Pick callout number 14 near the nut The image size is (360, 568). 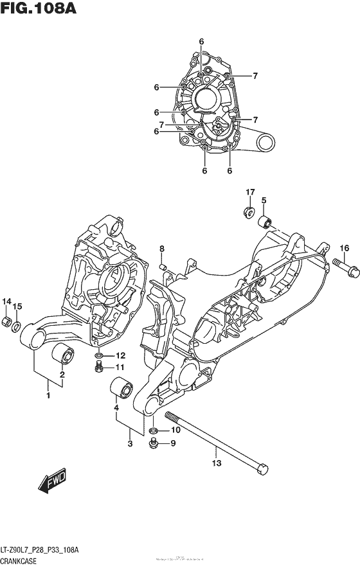(x=7, y=302)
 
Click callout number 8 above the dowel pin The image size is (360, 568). (x=162, y=249)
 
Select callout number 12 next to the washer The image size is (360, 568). (x=120, y=355)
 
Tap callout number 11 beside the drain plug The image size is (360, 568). (x=120, y=368)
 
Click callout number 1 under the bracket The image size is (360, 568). (x=48, y=396)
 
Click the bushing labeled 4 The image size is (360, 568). (x=122, y=389)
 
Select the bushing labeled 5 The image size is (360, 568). (x=265, y=224)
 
